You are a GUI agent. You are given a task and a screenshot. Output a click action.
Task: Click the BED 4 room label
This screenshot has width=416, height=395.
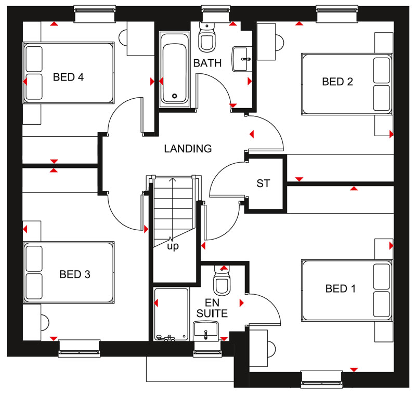click(x=69, y=77)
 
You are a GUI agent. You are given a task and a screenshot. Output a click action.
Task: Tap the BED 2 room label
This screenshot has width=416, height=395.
click(x=337, y=82)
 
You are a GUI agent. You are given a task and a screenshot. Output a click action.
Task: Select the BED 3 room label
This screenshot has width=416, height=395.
click(x=75, y=274)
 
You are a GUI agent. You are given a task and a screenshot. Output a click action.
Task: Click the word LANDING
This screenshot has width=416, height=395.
click(x=188, y=149)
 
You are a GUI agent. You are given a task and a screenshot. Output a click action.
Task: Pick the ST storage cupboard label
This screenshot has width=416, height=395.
click(x=263, y=183)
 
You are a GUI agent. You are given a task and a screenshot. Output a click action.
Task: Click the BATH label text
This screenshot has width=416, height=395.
click(x=207, y=63)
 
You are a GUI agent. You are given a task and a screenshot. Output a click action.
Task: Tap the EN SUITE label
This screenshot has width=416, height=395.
click(x=213, y=308)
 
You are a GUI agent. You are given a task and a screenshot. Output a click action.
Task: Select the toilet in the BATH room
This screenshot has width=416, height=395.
click(x=207, y=36)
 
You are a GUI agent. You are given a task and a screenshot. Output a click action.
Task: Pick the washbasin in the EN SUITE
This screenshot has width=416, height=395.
click(x=206, y=329)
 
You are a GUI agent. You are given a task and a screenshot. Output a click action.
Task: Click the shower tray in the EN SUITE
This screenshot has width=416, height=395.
click(x=171, y=314)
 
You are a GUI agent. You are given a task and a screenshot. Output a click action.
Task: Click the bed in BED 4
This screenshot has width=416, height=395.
click(x=68, y=73)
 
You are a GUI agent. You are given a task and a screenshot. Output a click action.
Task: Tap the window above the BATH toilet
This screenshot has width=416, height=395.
click(x=216, y=14)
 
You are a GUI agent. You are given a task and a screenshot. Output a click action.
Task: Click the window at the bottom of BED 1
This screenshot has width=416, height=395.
click(x=321, y=378)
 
